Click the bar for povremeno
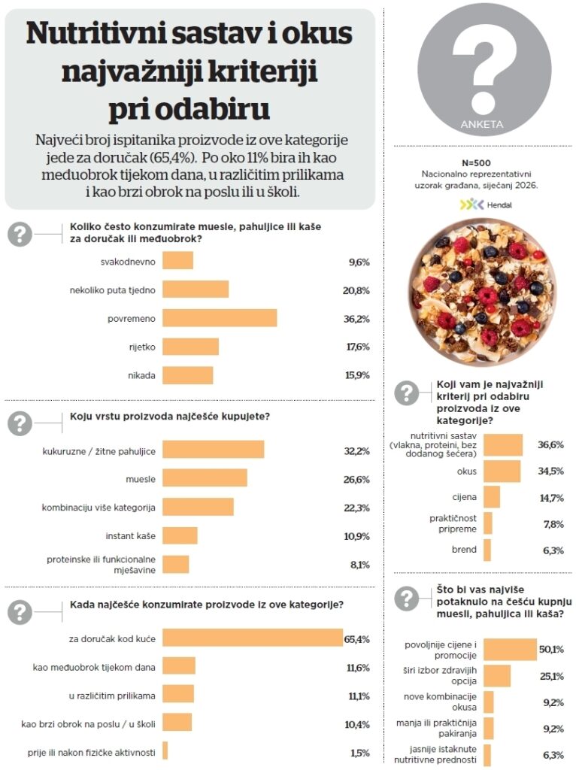tap(220, 318)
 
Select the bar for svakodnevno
tap(178, 260)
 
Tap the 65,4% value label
tap(357, 639)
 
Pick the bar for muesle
tap(205, 478)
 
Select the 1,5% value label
tap(359, 753)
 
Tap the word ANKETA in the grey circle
tap(481, 124)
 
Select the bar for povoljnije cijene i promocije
tap(510, 650)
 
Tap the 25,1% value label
tap(551, 676)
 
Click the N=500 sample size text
tap(481, 162)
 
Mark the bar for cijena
tap(492, 497)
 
